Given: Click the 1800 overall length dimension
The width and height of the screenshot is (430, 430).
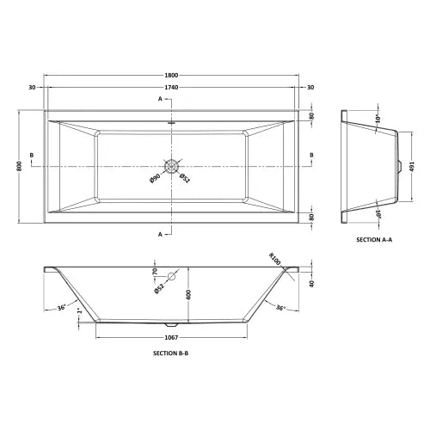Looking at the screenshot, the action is pos(171,76).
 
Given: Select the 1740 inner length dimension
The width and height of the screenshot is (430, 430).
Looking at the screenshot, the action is pos(171,87).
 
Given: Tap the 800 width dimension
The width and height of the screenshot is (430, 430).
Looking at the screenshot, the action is pos(19,166).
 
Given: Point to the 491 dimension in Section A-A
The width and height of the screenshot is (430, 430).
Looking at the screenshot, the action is pos(412,166).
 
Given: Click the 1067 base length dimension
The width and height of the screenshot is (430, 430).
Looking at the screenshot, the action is pos(171,338).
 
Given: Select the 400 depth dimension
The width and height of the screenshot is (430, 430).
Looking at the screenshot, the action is pos(188,295).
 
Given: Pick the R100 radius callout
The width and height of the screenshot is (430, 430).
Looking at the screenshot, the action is pos(275,259).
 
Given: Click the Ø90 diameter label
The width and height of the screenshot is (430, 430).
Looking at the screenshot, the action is pos(155,178).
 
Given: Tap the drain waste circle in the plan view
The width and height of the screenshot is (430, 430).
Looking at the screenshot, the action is pos(171,166).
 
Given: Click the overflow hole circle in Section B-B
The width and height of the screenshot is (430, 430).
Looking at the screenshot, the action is pos(171,276).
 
